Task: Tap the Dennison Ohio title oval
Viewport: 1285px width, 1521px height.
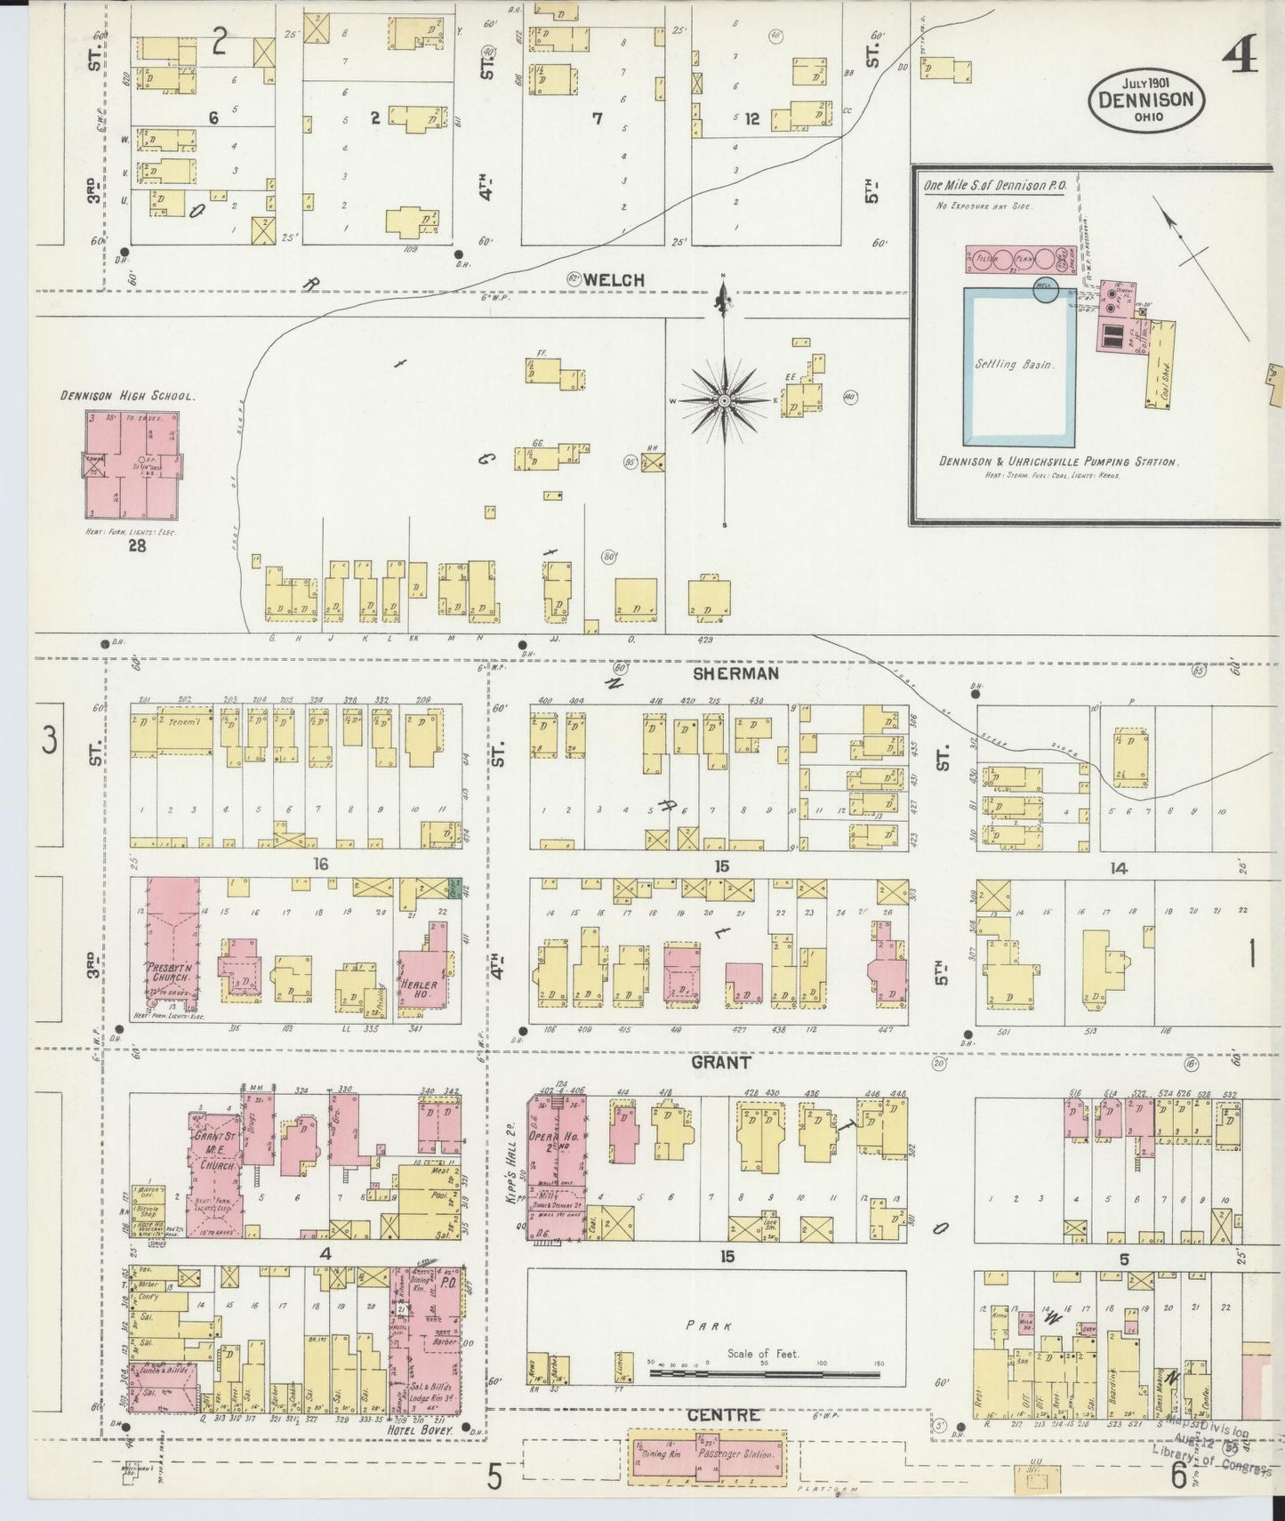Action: point(1146,99)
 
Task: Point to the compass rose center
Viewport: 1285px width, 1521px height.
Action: point(725,401)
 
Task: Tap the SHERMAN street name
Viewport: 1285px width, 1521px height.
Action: point(735,673)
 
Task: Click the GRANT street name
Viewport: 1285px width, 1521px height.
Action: point(721,1062)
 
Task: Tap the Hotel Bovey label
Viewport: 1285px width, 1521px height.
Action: point(431,1431)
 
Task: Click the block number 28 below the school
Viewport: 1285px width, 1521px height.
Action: point(137,546)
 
